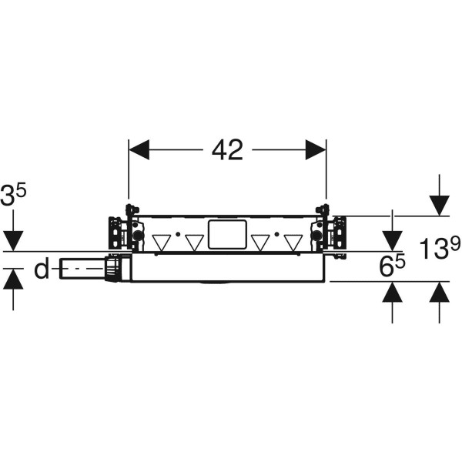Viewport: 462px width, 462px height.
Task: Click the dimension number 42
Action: (227, 150)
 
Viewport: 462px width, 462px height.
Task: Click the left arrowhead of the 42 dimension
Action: (139, 149)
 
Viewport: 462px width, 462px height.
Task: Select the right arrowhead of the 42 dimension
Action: (316, 149)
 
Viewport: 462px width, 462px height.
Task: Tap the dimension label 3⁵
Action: (13, 194)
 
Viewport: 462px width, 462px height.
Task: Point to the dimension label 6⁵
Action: (392, 266)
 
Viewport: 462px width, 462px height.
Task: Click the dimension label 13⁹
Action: (440, 248)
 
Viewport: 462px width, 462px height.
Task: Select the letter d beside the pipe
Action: (42, 269)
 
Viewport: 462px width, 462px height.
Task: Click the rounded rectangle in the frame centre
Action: (227, 235)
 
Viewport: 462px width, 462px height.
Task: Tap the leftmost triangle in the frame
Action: (162, 243)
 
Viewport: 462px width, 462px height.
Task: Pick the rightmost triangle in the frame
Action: (293, 243)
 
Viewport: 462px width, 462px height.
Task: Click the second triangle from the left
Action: (195, 243)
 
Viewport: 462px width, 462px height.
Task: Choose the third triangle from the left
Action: (260, 243)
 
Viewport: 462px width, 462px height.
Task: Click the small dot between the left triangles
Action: (178, 234)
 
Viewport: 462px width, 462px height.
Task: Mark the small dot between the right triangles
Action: (276, 234)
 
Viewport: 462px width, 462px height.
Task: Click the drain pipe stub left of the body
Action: (82, 269)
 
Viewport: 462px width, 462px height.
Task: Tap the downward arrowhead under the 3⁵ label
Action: (13, 241)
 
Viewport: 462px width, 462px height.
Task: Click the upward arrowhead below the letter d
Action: (13, 279)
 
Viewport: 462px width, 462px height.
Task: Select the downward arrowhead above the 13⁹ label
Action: (440, 206)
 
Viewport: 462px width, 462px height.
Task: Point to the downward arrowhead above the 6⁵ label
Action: (392, 241)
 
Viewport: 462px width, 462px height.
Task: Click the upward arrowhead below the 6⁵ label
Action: (392, 292)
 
